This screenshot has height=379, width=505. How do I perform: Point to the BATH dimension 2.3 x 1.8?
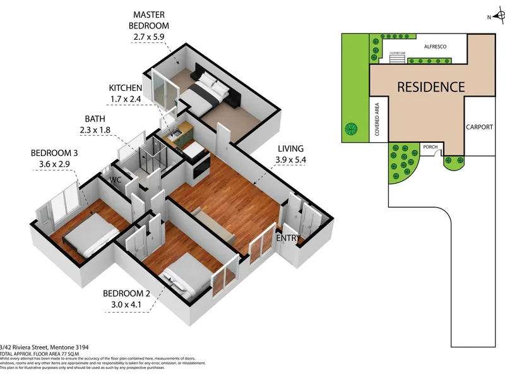coord(102,131)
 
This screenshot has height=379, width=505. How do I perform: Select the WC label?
coord(114,180)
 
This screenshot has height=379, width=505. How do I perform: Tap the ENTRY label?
coord(288,238)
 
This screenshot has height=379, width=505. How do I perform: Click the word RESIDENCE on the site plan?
coord(431,87)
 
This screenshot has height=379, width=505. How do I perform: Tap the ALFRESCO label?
coord(436,47)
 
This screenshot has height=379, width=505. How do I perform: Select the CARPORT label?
coord(479,127)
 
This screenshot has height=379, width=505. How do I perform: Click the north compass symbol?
coord(494,17)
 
